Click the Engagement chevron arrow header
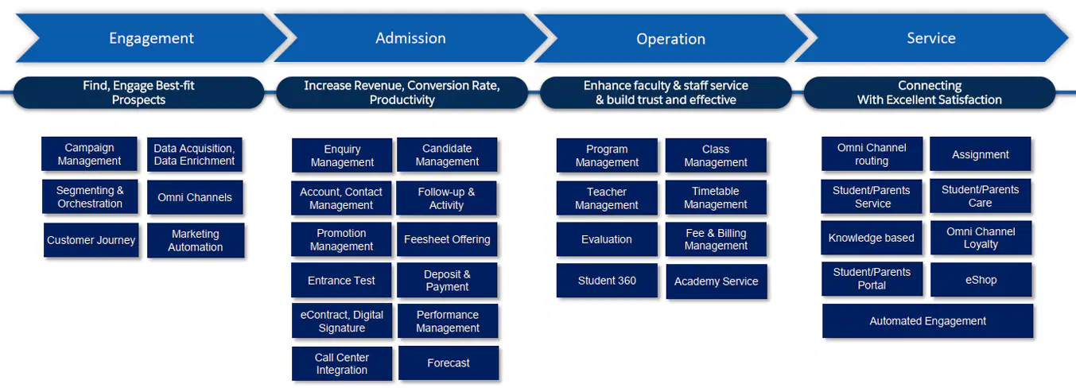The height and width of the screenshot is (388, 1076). pos(151,38)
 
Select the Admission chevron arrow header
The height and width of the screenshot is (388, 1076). pos(410,38)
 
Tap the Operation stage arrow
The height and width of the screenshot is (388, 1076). pos(671,38)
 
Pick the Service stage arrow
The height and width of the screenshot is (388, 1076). pos(931,38)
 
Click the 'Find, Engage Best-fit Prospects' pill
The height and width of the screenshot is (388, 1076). pos(139,93)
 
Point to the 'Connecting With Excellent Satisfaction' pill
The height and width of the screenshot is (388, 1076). pos(930,93)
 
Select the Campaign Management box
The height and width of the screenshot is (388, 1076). pos(89,154)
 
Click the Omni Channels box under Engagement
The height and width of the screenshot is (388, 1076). pos(195,197)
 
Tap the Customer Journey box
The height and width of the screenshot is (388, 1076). pos(91,240)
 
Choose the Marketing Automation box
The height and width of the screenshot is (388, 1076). pos(196,241)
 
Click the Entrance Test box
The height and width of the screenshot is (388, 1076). pos(341,281)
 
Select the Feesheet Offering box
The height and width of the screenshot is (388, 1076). pos(447,239)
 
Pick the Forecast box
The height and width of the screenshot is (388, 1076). pos(449,363)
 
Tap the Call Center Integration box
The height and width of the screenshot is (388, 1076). pos(341,363)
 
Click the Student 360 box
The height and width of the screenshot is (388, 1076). pos(607,281)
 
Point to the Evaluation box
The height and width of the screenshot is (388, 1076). pos(607,239)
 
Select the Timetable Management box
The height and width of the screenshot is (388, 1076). pos(716,197)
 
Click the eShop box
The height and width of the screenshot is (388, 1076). pos(981,280)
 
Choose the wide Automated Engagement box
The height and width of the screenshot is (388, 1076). pos(927,320)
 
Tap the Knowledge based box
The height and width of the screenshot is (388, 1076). pos(872,238)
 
